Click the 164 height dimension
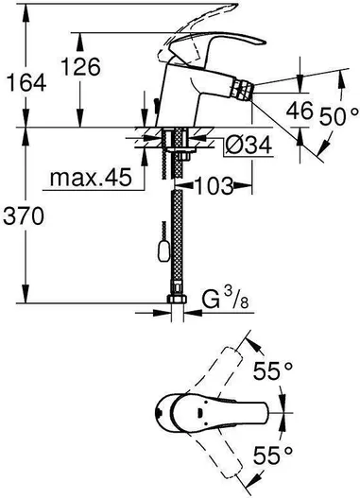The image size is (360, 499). [27, 83]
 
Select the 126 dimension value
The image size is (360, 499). [81, 67]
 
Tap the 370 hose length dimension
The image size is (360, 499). [24, 216]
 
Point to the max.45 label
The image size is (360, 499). [91, 177]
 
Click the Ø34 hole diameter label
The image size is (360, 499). [249, 146]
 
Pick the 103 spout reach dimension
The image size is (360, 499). [214, 185]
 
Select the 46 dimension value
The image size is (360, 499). [300, 111]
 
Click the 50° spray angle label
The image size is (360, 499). [338, 116]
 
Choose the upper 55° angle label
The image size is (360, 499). [272, 370]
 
